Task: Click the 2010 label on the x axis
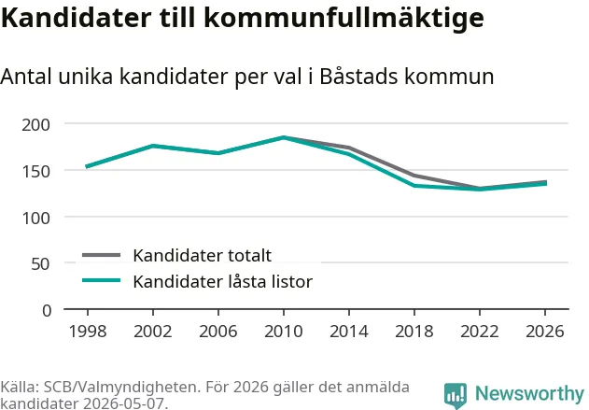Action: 283,332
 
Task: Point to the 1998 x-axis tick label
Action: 88,332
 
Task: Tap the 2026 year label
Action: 545,332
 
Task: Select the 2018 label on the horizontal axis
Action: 414,332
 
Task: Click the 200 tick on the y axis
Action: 35,125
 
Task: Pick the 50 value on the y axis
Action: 40,264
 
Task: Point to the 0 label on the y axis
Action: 47,311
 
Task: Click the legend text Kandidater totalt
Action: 203,256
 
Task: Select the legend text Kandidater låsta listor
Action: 223,281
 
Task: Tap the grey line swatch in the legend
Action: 102,255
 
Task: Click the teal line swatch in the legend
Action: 102,280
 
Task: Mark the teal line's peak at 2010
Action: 284,137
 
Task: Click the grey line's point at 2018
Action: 414,176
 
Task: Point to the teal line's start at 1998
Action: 87,166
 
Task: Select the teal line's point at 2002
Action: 153,146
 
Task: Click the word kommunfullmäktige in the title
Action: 344,18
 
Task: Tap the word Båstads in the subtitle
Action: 358,77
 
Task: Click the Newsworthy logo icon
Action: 456,395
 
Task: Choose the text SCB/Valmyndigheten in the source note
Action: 120,387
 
